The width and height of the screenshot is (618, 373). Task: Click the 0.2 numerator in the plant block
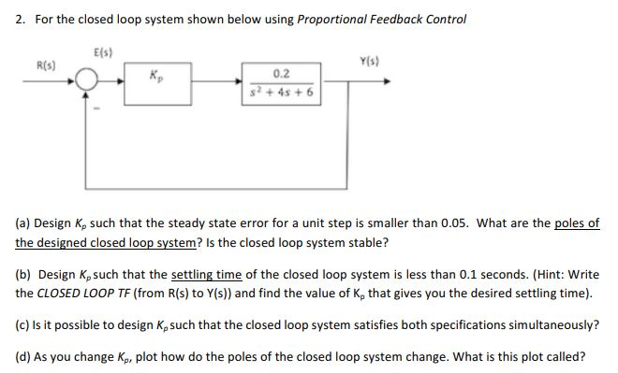[x=281, y=74]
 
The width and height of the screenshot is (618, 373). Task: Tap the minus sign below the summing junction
[x=94, y=102]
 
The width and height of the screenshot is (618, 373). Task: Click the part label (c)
[x=23, y=324]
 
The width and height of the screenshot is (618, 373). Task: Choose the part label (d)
[x=23, y=355]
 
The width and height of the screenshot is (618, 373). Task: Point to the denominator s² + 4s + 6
[x=282, y=92]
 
